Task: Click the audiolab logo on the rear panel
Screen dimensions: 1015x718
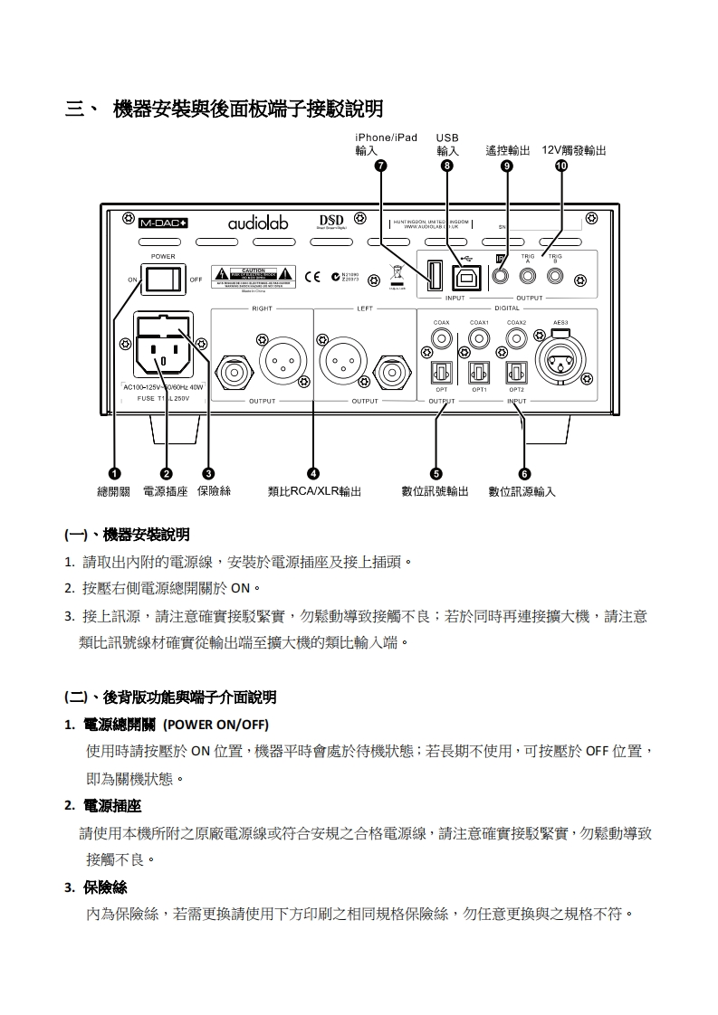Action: point(257,222)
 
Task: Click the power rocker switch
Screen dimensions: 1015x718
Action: point(163,279)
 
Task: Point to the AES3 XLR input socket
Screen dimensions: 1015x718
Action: point(560,364)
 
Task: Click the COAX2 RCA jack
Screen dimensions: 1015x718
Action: point(516,339)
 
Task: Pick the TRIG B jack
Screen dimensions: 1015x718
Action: point(556,276)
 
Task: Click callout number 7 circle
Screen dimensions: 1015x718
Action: point(380,166)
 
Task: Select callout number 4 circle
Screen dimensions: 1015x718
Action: point(313,473)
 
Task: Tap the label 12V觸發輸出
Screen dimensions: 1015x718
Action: point(574,150)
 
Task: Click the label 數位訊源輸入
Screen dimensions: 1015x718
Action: point(522,491)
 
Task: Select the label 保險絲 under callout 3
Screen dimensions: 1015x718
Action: point(213,491)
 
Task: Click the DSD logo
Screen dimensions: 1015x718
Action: point(332,222)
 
